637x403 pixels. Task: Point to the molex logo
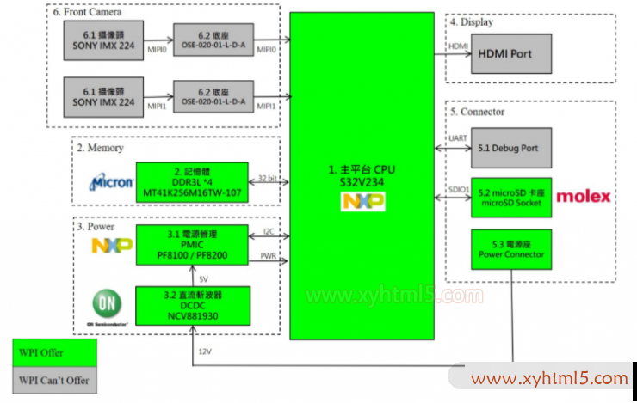click(584, 197)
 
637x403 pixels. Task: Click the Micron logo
click(112, 182)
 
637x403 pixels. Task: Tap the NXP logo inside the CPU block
click(363, 202)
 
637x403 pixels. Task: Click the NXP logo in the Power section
click(112, 247)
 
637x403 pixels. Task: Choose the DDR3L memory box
click(192, 182)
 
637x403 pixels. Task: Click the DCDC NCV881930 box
click(192, 306)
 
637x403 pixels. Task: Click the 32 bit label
click(268, 178)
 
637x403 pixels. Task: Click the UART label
click(458, 139)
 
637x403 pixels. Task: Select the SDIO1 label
click(458, 187)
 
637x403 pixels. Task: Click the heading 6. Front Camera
click(87, 12)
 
